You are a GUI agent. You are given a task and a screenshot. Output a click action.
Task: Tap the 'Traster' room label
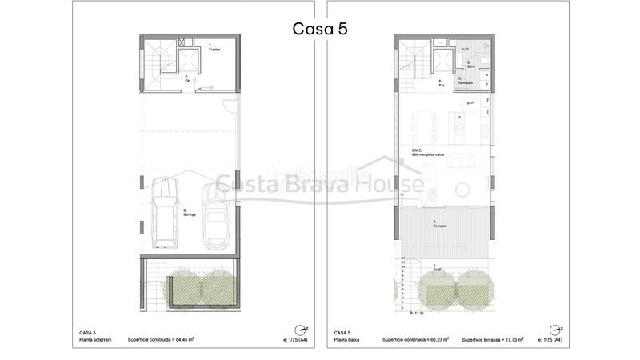point(214,48)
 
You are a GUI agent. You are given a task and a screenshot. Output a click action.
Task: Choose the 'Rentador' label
point(465,82)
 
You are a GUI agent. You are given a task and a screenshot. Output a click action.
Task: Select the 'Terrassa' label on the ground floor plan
point(439,226)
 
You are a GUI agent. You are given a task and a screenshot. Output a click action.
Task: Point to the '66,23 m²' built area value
point(433,339)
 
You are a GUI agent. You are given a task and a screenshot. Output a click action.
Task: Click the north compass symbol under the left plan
point(300,328)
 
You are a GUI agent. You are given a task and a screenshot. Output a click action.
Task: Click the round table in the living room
point(462,189)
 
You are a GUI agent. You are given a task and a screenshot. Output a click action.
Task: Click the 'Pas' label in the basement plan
point(186,78)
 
